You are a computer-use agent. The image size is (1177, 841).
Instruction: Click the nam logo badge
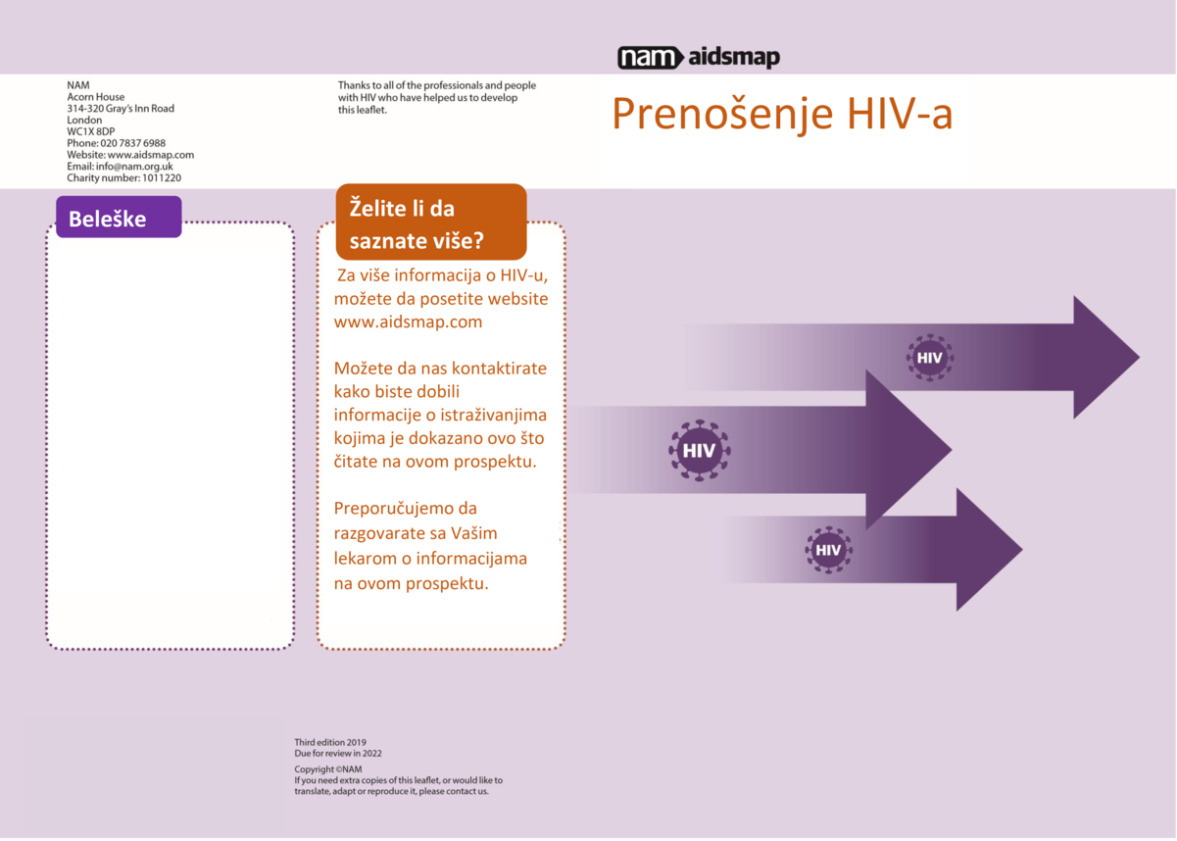coord(650,57)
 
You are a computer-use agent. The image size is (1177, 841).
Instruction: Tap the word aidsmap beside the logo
coord(734,57)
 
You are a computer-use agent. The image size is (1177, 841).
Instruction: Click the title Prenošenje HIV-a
coord(782,114)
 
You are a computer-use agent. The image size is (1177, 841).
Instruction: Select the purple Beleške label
coord(119,217)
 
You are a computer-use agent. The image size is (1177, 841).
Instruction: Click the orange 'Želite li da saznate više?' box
coord(431,222)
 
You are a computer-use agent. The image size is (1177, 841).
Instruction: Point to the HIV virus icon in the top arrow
coord(929,358)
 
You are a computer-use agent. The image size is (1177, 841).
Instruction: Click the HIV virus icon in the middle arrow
coord(699,451)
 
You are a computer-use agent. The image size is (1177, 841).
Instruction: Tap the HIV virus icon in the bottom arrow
coord(828,550)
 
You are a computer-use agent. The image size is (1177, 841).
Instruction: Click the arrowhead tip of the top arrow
coord(1139,358)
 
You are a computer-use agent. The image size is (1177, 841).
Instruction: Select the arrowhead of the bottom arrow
coord(988,550)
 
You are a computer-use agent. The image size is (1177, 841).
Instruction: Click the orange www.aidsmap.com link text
coord(408,322)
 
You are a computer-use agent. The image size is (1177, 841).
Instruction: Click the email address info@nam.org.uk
coord(134,166)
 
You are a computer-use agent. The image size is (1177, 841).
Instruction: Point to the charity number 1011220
coord(162,177)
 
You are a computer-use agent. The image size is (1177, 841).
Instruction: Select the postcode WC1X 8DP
coord(90,131)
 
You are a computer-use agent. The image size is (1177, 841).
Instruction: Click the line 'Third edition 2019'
coord(330,742)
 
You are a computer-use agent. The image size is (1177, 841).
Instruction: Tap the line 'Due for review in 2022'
coord(338,753)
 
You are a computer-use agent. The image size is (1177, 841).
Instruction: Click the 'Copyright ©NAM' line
coord(328,769)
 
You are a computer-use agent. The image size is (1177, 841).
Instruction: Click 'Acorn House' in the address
coord(96,97)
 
